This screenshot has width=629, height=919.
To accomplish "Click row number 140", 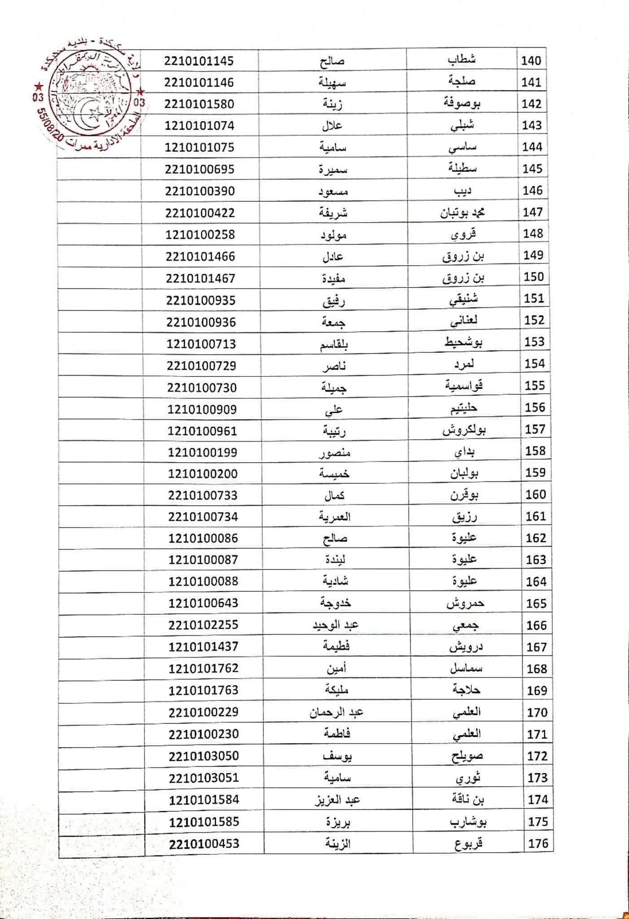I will (x=531, y=61).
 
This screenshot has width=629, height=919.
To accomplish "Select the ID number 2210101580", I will (x=199, y=104).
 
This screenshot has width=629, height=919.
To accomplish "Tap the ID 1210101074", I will (x=199, y=126).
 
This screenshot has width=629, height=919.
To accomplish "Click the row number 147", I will (x=533, y=212).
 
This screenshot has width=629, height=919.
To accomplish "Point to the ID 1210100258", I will (x=200, y=235).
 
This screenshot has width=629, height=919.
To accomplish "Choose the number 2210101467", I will (x=201, y=279).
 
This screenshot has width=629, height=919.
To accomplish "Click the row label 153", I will (x=534, y=342).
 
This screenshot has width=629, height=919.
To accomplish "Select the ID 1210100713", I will (x=201, y=344).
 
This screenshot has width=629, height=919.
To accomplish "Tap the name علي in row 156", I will (x=333, y=409).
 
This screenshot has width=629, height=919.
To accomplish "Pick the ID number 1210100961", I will (x=202, y=431).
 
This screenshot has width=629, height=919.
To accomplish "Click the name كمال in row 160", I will (x=334, y=495).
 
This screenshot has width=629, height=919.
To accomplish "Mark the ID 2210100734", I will (x=203, y=517).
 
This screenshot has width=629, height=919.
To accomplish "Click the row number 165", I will (x=536, y=604).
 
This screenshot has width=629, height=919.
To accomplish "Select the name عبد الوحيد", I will (x=335, y=625).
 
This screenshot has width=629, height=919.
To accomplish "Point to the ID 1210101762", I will (x=203, y=669).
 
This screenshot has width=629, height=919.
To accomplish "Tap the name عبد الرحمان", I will (x=336, y=713).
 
